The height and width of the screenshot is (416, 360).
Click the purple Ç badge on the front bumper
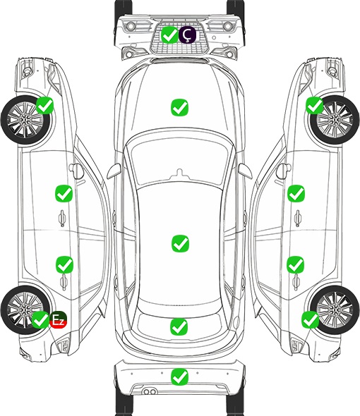[187, 35]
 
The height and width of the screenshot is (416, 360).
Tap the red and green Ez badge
[58, 319]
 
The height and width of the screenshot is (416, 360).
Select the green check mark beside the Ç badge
[169, 35]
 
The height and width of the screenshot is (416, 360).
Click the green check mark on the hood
[179, 107]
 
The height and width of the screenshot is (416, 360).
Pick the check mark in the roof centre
[181, 243]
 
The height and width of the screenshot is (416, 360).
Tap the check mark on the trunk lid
[179, 326]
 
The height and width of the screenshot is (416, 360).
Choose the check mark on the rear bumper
[179, 377]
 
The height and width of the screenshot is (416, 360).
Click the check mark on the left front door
[64, 193]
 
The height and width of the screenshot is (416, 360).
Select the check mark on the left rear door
[64, 264]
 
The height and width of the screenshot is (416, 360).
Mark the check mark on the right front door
[296, 193]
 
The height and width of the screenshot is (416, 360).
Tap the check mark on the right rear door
[296, 264]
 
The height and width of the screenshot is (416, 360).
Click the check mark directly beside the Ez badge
[41, 319]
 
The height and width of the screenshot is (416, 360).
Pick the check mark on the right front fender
[315, 105]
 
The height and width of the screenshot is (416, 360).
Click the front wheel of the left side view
[26, 121]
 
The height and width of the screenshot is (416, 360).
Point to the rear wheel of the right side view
[334, 310]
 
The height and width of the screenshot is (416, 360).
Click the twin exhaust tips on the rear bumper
[150, 392]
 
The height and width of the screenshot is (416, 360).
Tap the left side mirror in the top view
[114, 171]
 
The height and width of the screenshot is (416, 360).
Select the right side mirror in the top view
[245, 171]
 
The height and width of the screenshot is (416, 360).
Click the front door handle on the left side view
[62, 218]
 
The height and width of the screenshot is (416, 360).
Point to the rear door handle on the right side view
[296, 283]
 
